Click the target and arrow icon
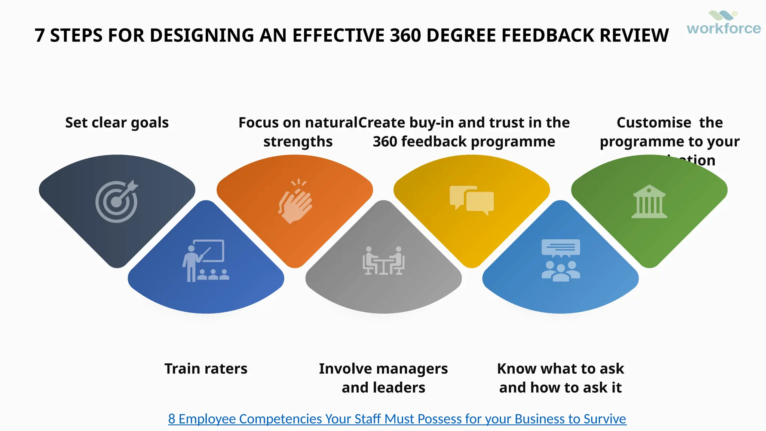click(117, 202)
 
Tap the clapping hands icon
click(295, 202)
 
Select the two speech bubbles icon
click(472, 200)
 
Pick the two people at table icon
click(383, 260)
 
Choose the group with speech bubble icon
click(561, 260)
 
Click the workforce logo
click(723, 23)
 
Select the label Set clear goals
click(117, 123)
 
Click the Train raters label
click(206, 369)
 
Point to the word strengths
click(298, 142)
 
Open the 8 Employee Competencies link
click(397, 419)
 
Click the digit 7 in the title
click(40, 36)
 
